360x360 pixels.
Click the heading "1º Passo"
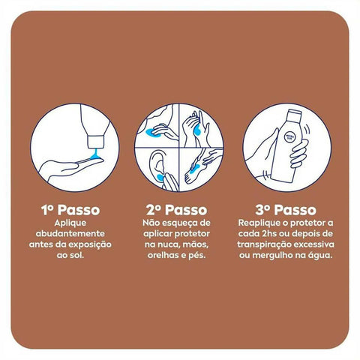[x=70, y=210]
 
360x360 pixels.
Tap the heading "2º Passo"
[x=177, y=210]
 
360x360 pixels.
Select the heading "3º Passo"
[x=286, y=210]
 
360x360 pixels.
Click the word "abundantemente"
[x=70, y=233]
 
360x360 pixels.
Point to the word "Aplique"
[x=70, y=223]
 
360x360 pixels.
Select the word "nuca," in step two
[x=167, y=244]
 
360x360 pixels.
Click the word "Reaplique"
[x=259, y=223]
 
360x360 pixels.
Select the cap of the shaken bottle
[x=295, y=113]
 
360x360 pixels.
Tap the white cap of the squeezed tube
[x=95, y=142]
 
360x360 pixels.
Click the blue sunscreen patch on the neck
[x=152, y=133]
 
